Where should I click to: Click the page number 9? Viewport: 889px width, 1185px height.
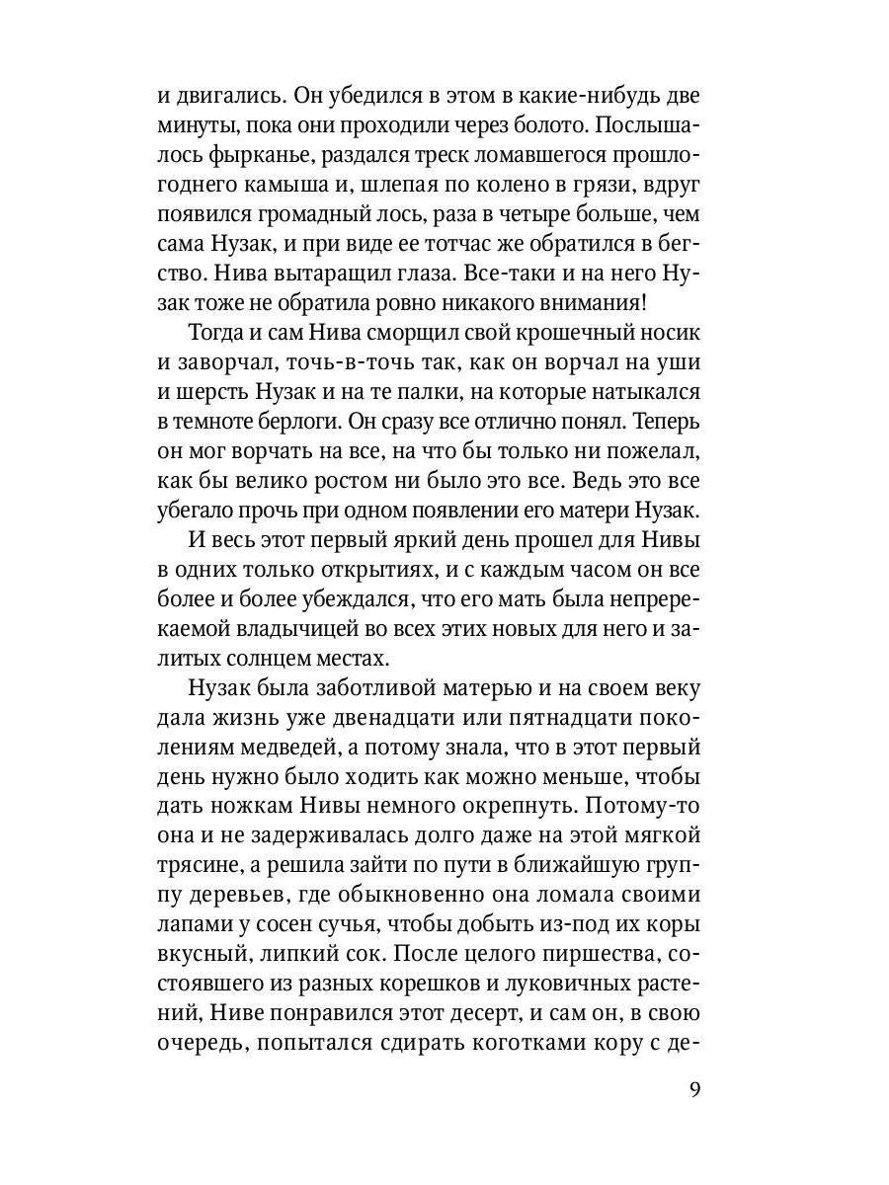pos(694,1089)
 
